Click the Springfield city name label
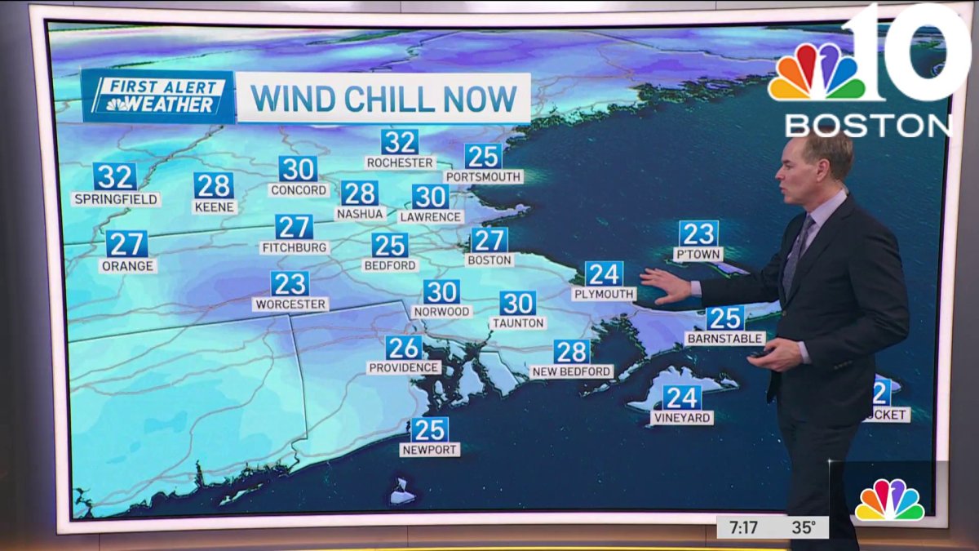115,199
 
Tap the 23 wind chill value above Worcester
290,284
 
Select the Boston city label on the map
489,260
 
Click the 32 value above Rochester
400,142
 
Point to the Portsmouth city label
483,176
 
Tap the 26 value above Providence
404,348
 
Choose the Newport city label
429,450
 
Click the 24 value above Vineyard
682,398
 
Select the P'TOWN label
698,254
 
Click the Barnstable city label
725,338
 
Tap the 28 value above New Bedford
572,352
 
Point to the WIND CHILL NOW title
383,98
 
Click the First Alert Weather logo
157,97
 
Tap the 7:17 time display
744,527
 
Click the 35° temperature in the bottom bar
803,527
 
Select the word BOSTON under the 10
868,125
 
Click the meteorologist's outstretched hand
664,286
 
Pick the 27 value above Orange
126,244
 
